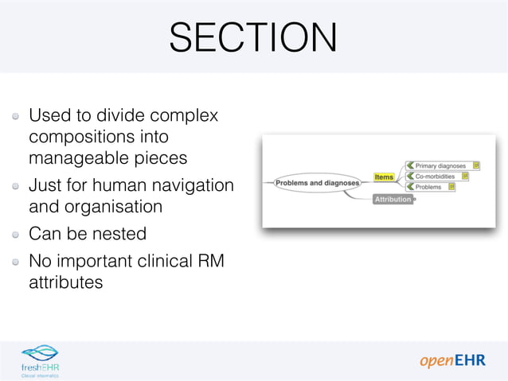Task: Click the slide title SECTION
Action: tap(253, 37)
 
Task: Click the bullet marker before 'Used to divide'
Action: tap(16, 116)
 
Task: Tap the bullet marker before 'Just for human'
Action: tap(16, 186)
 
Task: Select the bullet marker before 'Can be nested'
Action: tap(16, 235)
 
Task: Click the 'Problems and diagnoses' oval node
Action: tap(317, 183)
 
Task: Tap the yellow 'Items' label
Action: tap(384, 177)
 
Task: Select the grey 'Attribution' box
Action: tap(393, 199)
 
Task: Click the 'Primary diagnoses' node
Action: tap(441, 165)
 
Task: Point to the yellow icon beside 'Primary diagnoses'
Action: tap(476, 165)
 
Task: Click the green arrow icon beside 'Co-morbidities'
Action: tap(411, 176)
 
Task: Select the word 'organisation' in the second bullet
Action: tap(112, 207)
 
